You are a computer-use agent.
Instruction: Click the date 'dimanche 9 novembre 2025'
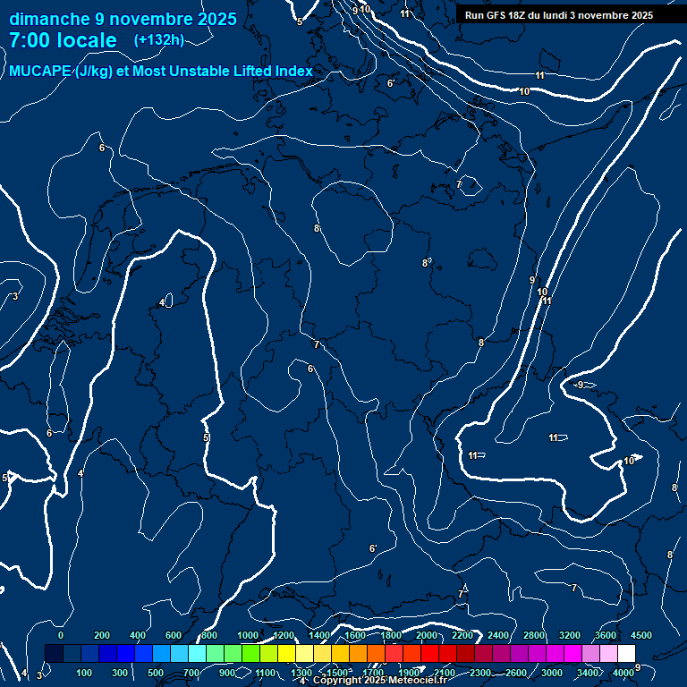tap(123, 19)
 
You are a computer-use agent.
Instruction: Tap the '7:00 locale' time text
tap(63, 40)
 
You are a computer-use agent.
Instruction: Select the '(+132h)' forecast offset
tap(158, 39)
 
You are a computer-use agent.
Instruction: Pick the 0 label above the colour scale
tap(60, 635)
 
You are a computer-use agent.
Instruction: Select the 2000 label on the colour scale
tap(427, 635)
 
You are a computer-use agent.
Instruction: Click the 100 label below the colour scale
tap(85, 673)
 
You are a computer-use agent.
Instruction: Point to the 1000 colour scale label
tap(248, 635)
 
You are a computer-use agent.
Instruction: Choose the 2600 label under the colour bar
tap(516, 673)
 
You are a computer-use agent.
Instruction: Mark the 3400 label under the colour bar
tap(588, 673)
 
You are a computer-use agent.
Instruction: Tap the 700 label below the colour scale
tap(191, 673)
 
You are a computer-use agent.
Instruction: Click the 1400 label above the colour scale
tap(319, 635)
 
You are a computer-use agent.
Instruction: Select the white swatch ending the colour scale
tap(626, 654)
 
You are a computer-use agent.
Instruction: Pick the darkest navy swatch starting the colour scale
tap(54, 654)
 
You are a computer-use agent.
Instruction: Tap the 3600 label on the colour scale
tap(606, 635)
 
